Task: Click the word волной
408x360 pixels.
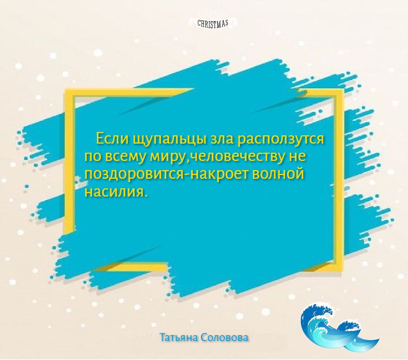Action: click(278, 174)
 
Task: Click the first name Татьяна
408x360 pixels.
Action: click(179, 337)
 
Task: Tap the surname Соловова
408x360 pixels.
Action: click(225, 337)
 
